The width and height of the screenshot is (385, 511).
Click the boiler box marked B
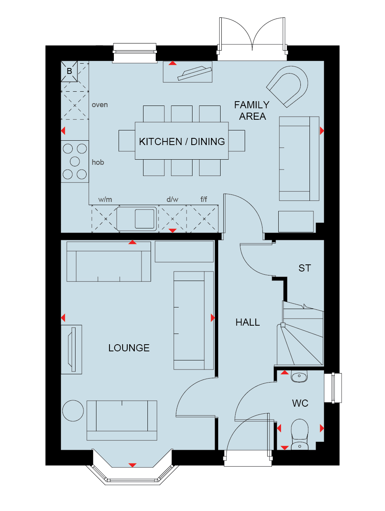69,71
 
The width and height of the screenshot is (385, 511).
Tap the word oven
100,105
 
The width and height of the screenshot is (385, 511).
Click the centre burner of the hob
75,161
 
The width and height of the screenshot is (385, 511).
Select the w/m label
105,199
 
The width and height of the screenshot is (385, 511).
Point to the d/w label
172,199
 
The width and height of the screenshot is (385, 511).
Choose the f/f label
204,199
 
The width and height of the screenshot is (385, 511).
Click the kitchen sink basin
145,219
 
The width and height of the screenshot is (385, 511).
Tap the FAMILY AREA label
252,111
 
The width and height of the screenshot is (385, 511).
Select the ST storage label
304,268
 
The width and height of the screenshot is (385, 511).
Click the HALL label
247,322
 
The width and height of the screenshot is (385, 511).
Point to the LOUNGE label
129,348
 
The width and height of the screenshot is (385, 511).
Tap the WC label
300,403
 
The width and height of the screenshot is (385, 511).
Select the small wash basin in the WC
299,376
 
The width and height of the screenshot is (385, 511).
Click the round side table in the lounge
73,411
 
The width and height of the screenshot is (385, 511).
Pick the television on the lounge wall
72,349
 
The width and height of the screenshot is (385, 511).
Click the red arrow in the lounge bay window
132,465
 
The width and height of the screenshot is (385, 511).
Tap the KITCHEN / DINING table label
182,141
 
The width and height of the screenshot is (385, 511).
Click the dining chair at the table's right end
237,141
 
